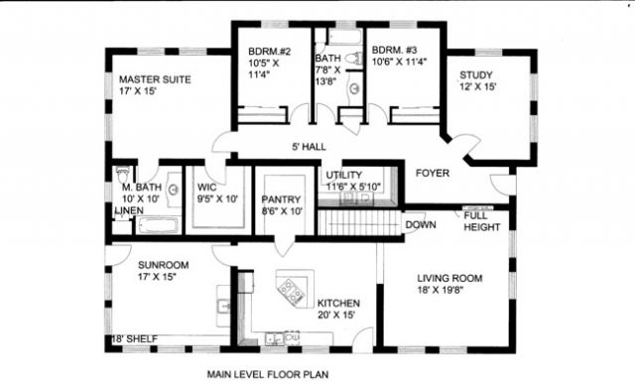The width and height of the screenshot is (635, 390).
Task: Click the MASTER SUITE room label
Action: pyautogui.click(x=155, y=79)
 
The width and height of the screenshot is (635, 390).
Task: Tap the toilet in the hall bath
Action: pyautogui.click(x=354, y=58)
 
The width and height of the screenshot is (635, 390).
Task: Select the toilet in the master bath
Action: pyautogui.click(x=123, y=174)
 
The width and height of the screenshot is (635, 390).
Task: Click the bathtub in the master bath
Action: pyautogui.click(x=158, y=225)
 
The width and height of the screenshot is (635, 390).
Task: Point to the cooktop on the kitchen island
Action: pyautogui.click(x=291, y=290)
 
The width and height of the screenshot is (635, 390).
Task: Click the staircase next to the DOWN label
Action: pyautogui.click(x=359, y=222)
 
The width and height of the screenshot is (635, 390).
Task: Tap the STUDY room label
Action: pyautogui.click(x=476, y=75)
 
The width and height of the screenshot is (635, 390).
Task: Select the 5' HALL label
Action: pyautogui.click(x=309, y=147)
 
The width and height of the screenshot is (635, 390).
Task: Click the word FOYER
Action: pyautogui.click(x=433, y=174)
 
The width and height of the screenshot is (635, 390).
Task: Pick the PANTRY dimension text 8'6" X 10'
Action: pyautogui.click(x=282, y=211)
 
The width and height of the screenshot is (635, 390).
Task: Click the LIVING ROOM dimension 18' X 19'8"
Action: pyautogui.click(x=441, y=290)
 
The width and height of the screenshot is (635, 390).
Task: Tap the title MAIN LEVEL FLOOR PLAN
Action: pyautogui.click(x=268, y=374)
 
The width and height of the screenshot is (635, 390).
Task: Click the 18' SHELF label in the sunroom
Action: pyautogui.click(x=134, y=339)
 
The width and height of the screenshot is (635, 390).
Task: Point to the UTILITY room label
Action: pyautogui.click(x=344, y=175)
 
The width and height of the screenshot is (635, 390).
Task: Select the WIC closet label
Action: pyautogui.click(x=207, y=188)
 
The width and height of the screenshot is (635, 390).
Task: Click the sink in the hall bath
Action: pyautogui.click(x=355, y=88)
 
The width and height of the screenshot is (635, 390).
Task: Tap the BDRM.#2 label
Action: pyautogui.click(x=269, y=52)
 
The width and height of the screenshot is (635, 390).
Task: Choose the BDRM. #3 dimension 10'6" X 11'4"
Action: pyautogui.click(x=399, y=62)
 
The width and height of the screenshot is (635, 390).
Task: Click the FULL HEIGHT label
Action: pyautogui.click(x=482, y=221)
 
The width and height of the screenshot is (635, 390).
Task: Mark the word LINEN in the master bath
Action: pyautogui.click(x=129, y=210)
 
